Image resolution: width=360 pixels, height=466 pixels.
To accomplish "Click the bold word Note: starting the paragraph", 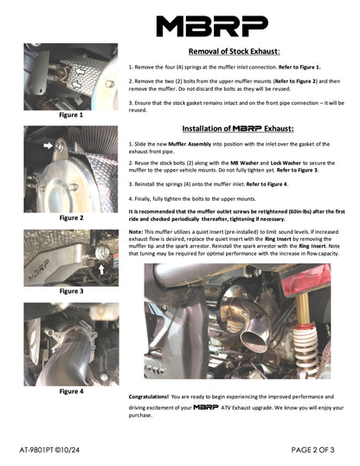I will (x=137, y=232).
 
